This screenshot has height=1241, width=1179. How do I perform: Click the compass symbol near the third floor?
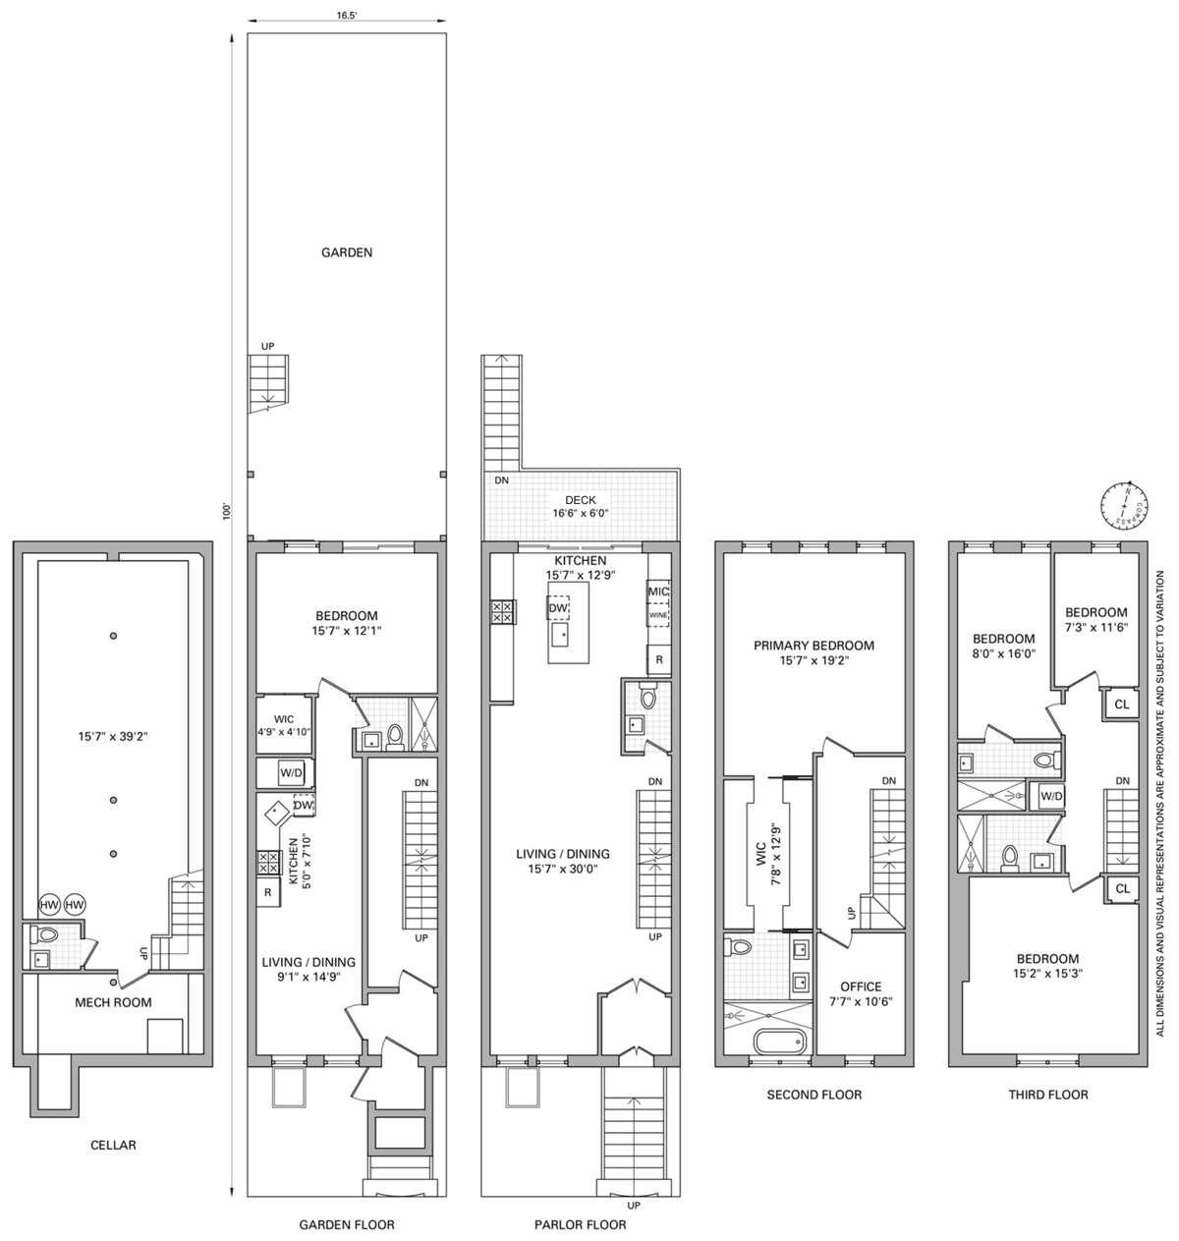point(1124,506)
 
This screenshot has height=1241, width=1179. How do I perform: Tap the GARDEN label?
point(347,253)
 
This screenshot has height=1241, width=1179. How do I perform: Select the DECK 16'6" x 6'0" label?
point(580,506)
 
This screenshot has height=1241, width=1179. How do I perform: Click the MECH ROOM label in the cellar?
point(113,1002)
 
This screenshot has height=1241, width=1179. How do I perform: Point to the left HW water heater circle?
point(49,905)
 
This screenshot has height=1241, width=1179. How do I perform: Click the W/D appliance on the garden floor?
point(292,772)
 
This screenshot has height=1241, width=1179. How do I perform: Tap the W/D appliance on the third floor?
point(1051,796)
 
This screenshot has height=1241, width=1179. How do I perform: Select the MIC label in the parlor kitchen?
point(658,592)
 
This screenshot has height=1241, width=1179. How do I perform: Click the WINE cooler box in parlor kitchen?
point(657,614)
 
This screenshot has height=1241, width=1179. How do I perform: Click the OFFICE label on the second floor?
point(861,987)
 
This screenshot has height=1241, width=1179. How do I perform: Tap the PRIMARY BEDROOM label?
point(814,646)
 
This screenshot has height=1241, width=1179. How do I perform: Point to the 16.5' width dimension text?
point(346,16)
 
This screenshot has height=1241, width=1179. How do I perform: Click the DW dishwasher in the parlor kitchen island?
point(558,608)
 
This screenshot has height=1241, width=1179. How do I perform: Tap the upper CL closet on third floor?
point(1122,704)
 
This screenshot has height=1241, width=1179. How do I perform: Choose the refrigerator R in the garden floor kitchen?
point(267,892)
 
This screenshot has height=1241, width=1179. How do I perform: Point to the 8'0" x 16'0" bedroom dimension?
point(1003,654)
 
